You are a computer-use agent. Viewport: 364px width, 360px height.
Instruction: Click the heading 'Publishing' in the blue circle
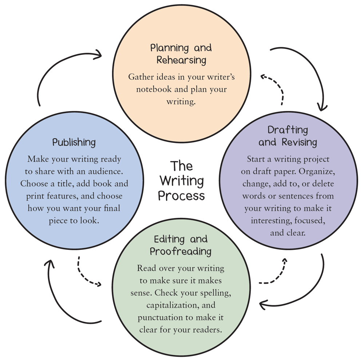click(x=74, y=142)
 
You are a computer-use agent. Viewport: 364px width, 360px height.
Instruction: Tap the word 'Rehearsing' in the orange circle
click(x=181, y=60)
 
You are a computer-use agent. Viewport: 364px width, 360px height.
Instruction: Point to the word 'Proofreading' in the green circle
click(x=181, y=251)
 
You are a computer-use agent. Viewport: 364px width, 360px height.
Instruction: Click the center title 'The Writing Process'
click(x=181, y=181)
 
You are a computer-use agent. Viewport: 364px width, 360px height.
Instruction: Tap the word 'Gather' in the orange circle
click(x=140, y=77)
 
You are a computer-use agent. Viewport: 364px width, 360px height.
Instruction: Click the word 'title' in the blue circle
click(x=66, y=184)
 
